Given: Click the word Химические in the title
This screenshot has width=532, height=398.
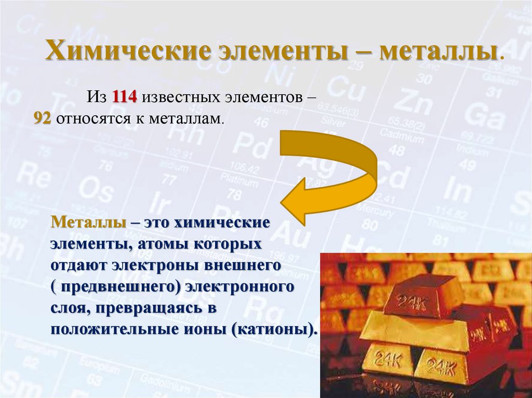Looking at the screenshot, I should tap(128, 53).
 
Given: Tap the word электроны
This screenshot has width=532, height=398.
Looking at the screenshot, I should tap(165, 265).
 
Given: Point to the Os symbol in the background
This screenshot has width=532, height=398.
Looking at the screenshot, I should tap(96, 190).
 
